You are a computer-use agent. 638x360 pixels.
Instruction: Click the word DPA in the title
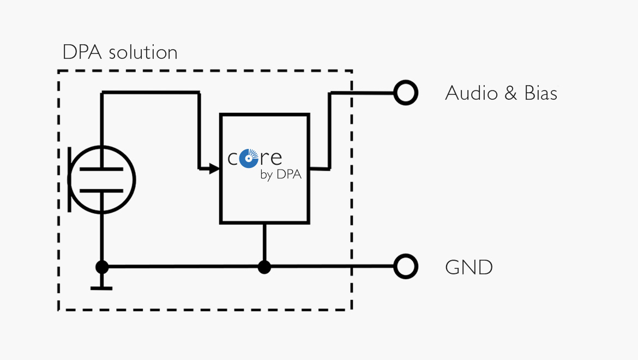point(82,52)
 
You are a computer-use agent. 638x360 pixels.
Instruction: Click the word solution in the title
point(143,52)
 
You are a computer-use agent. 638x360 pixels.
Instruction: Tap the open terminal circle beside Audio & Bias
point(406,93)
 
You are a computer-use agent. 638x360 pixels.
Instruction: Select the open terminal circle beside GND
point(406,266)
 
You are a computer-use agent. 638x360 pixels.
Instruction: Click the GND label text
point(469,267)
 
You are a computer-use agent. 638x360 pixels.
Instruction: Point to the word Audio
point(472,93)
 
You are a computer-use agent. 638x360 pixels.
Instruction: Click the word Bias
point(541,93)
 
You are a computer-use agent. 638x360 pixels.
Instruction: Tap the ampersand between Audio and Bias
point(510,93)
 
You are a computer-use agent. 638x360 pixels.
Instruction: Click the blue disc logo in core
point(249,158)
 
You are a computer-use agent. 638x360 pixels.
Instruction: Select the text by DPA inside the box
point(281,175)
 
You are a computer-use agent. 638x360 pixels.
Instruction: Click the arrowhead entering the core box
point(214,168)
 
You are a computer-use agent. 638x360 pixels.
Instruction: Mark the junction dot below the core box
point(264,267)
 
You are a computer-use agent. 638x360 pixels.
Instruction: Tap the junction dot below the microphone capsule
point(102,267)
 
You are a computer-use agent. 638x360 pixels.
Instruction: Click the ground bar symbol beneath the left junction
point(101,289)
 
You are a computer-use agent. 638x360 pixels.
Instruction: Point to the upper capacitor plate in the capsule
point(101,169)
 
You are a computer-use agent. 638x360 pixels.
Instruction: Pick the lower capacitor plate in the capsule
point(101,190)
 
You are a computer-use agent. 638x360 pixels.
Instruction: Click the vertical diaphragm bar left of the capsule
point(70,179)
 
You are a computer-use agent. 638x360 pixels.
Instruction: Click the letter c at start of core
point(233,159)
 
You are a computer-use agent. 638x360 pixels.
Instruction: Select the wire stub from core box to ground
point(264,243)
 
